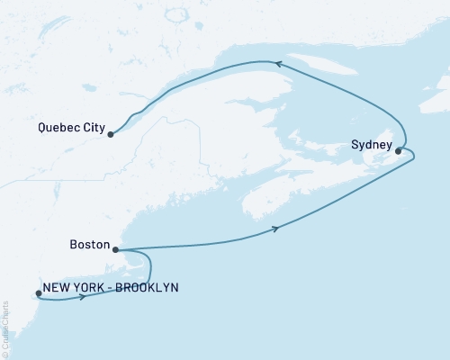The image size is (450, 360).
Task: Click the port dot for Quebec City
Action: click(111, 135)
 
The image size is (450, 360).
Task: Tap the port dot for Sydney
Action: click(398, 151)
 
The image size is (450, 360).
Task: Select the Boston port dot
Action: click(115, 249)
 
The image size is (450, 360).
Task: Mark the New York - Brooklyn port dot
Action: click(38, 292)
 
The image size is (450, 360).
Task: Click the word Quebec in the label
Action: click(51, 127)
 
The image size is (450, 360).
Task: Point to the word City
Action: click(87, 127)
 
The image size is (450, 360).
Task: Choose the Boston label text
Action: click(88, 244)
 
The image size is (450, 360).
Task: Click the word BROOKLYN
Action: click(146, 287)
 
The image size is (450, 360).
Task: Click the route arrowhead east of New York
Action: click(83, 297)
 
